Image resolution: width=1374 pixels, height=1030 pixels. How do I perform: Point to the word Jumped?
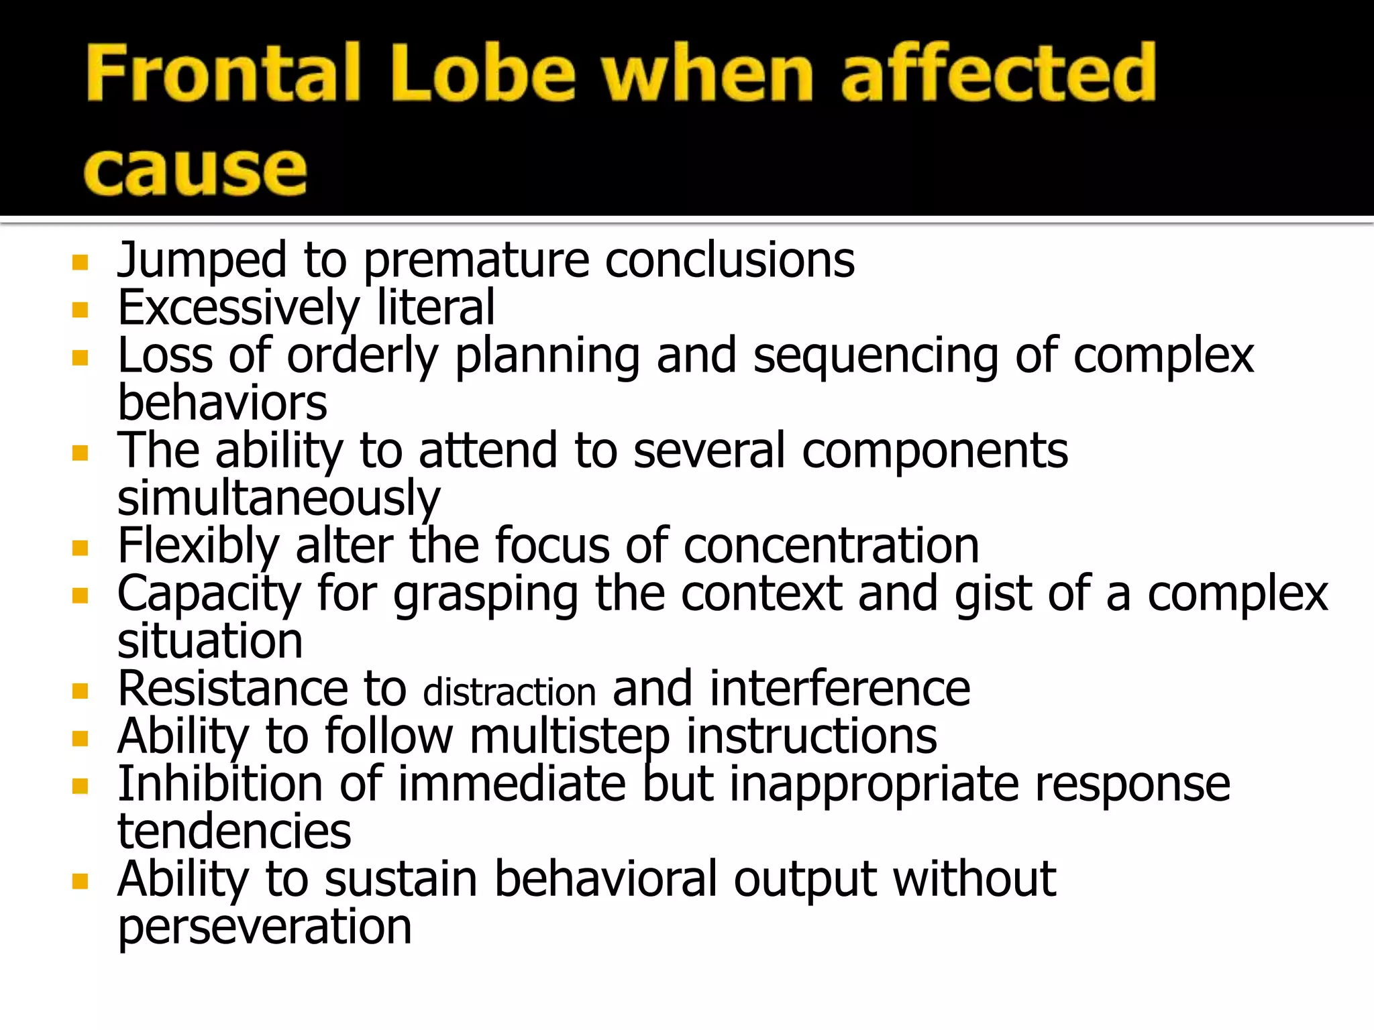point(202,260)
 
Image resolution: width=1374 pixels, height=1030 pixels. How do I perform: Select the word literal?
point(435,308)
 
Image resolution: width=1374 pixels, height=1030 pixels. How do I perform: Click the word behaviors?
point(222,403)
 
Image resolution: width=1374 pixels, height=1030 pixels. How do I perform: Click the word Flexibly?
point(198,546)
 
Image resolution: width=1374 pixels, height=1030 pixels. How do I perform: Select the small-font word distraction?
point(509,692)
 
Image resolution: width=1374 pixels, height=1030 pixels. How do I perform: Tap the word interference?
point(839,689)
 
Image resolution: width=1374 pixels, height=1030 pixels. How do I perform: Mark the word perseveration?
point(264,927)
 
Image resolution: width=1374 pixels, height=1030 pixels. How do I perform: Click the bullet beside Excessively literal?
point(81,310)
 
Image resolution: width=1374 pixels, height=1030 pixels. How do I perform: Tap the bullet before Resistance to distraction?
point(81,691)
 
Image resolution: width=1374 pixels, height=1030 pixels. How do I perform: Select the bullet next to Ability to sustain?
point(81,881)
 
